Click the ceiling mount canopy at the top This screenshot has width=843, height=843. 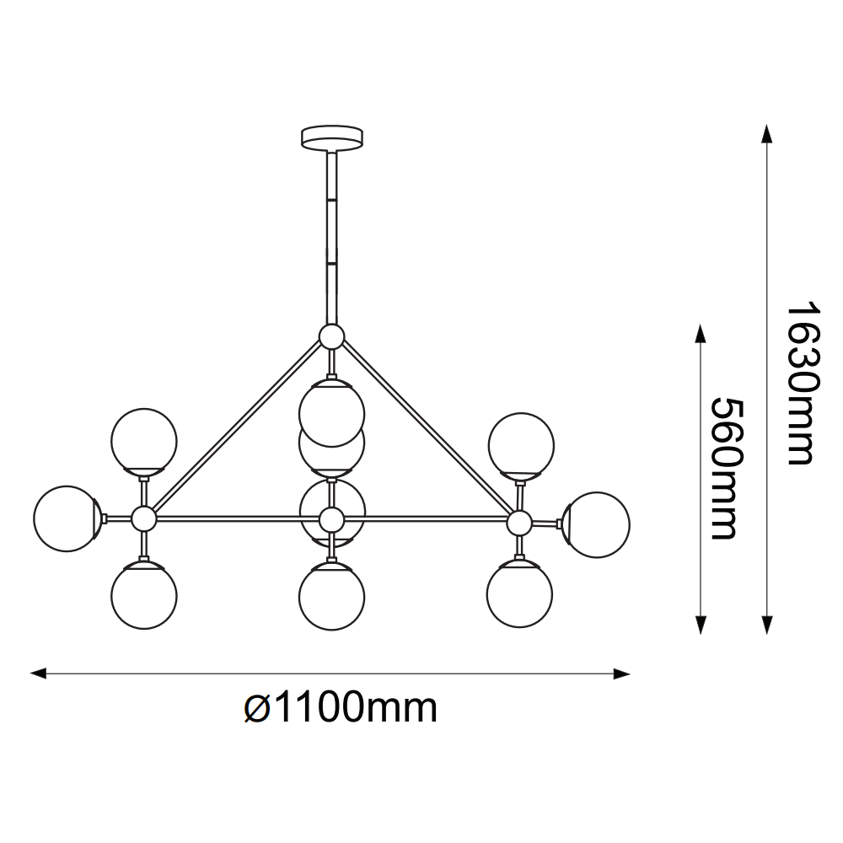click(331, 137)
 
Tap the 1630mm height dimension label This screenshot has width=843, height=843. click(804, 384)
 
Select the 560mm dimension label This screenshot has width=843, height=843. click(728, 469)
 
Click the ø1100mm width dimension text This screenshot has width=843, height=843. click(341, 708)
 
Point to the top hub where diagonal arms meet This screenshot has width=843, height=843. click(331, 337)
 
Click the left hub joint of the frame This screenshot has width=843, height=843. click(143, 518)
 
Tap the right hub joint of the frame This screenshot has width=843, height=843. click(518, 523)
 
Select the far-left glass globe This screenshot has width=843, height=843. click(67, 518)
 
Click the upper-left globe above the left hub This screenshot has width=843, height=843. click(143, 442)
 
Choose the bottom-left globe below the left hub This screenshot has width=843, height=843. click(143, 595)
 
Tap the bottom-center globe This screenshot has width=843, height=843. click(331, 596)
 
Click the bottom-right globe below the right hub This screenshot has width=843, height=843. click(519, 594)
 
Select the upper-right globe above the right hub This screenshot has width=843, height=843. click(521, 446)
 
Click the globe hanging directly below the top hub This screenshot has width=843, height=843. click(331, 413)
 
